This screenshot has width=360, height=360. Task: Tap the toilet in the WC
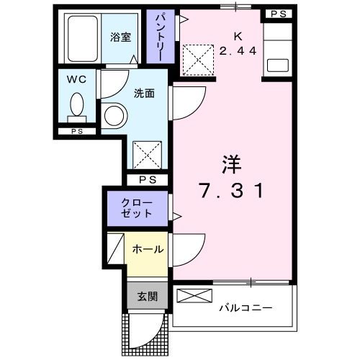pyautogui.click(x=76, y=107)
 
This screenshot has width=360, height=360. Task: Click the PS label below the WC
pyautogui.click(x=76, y=132)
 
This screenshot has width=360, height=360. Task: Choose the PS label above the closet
pyautogui.click(x=148, y=180)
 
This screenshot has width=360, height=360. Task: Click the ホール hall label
pyautogui.click(x=148, y=249)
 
